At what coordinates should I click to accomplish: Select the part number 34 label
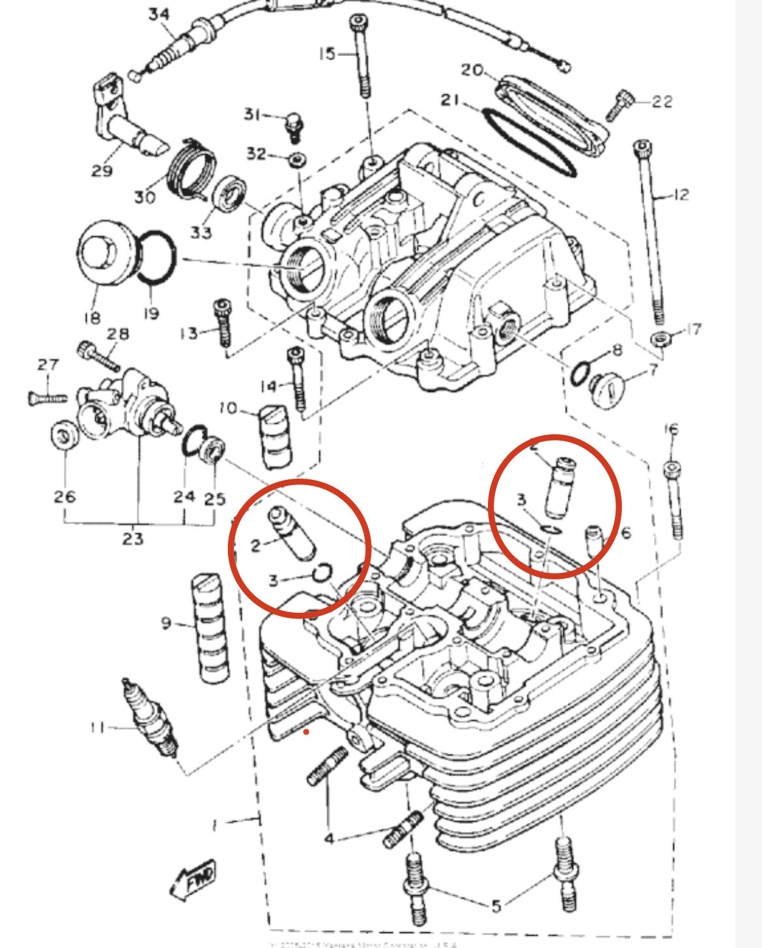click(x=159, y=14)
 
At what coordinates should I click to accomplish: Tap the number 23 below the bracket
click(x=133, y=539)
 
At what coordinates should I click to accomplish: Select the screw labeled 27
click(x=48, y=397)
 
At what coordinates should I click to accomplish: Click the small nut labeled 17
click(x=660, y=339)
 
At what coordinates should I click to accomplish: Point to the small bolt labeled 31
click(x=295, y=125)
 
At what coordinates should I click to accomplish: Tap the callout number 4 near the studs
click(x=330, y=839)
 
